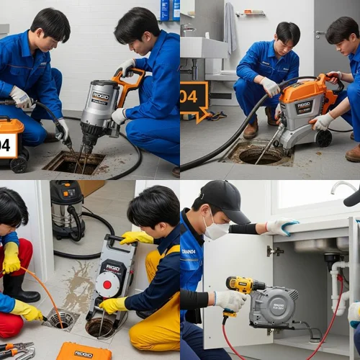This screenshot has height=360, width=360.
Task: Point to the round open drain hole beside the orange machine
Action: pos(260,155)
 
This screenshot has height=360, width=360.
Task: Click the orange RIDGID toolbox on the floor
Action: pos(84,351)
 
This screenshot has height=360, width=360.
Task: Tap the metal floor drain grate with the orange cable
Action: pos(60,318)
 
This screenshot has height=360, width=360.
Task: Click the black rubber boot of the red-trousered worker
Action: pos(20,289)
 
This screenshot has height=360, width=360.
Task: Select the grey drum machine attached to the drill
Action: pos(274,306)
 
